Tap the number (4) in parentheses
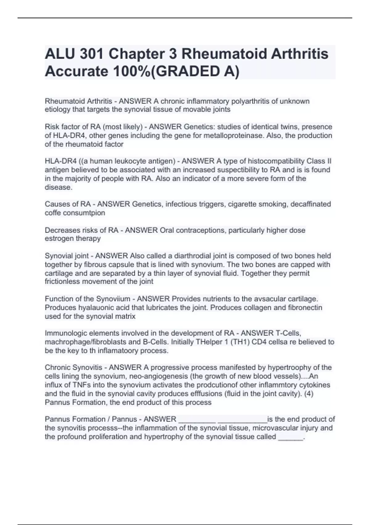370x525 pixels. pos(308,394)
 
